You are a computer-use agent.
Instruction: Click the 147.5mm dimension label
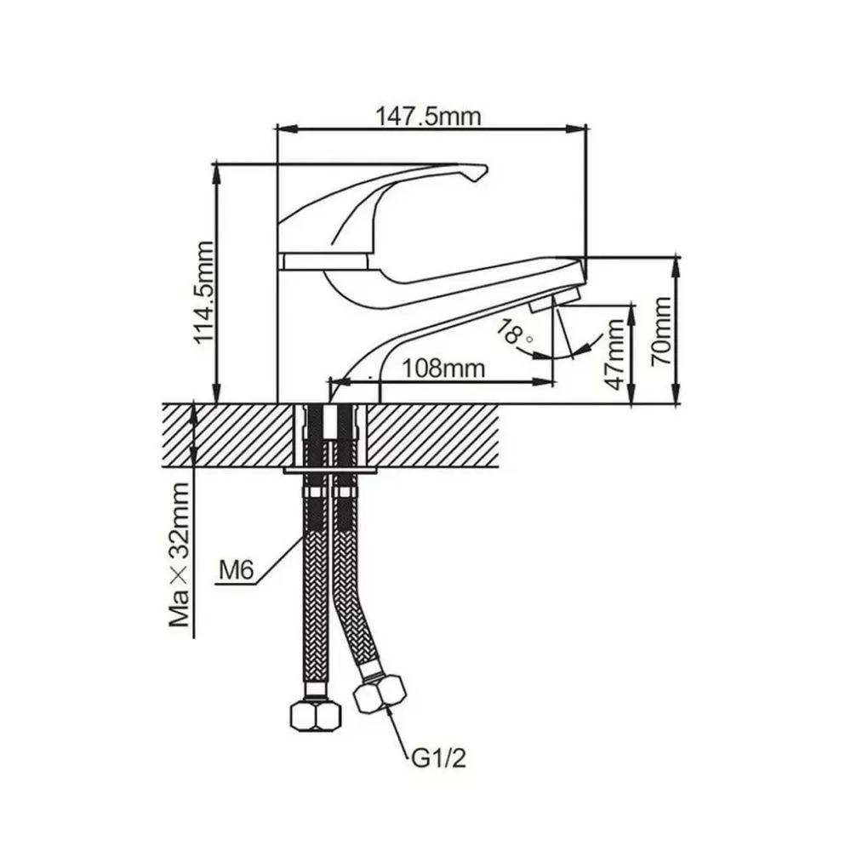[428, 116]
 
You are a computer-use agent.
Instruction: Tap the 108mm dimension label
[443, 369]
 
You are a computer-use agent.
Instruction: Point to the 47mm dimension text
[616, 354]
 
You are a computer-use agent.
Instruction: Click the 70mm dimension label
[662, 331]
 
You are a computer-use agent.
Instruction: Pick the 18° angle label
[513, 333]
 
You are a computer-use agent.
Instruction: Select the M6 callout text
[237, 570]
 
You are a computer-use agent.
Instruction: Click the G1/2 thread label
[438, 759]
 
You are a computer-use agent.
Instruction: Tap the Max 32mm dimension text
[180, 555]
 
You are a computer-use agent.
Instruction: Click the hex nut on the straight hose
[316, 716]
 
